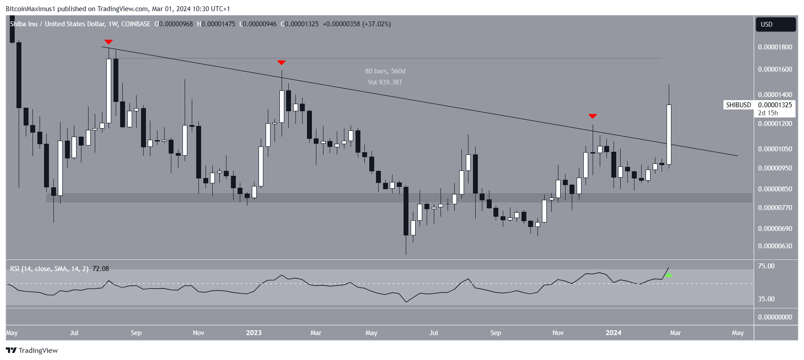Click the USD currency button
tap(775, 24)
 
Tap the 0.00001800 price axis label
tap(775, 47)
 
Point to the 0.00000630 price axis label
tap(775, 246)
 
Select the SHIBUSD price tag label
tap(738, 105)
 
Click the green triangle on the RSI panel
tap(668, 275)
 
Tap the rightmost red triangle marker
tap(592, 116)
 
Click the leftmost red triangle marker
tap(108, 42)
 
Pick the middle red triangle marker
tap(281, 63)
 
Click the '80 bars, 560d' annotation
tap(385, 71)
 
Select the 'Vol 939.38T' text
tap(385, 82)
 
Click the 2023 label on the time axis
tap(254, 333)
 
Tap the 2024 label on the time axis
tap(613, 333)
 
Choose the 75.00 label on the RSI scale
tap(766, 266)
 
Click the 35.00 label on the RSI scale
tap(766, 299)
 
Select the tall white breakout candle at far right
tap(668, 134)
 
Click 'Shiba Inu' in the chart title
tap(24, 24)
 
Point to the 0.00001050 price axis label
tap(775, 149)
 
